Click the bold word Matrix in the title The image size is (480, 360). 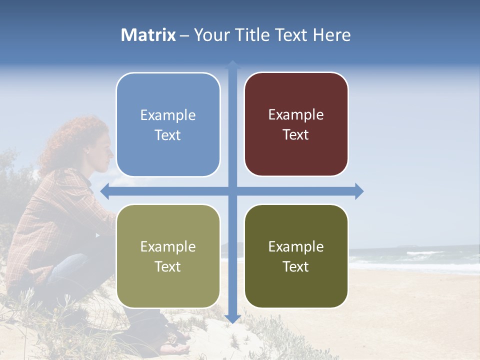point(148,35)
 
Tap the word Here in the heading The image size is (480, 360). point(332,35)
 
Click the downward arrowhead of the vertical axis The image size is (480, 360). point(232,318)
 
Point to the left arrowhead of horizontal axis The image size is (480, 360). point(104,191)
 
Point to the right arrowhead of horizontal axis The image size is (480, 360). point(359,191)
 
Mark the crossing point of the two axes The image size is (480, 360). point(232,191)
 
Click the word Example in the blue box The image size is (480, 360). point(168,115)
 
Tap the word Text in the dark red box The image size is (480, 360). point(296,135)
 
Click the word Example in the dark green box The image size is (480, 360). point(296,246)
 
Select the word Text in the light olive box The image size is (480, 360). point(168,266)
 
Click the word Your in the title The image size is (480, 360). point(209,35)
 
